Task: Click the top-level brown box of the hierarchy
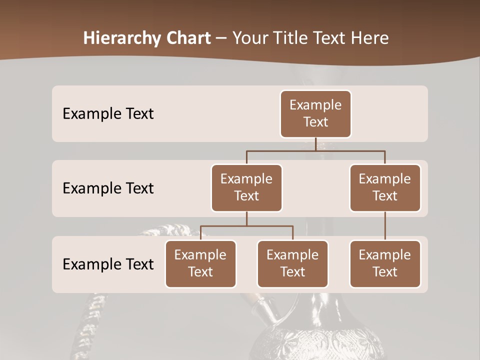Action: coord(315,113)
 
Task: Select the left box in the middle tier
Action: coord(246,187)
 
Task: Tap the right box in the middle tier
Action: coord(385,187)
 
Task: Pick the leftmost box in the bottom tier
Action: coord(200,263)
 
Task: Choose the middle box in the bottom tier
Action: coord(292,263)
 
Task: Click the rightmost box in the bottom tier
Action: coord(385,263)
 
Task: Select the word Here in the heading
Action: coord(370,38)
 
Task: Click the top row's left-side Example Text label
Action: coord(108,113)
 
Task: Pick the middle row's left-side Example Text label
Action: coord(108,188)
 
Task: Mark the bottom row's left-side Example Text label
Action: coord(108,264)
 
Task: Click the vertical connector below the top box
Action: coord(315,144)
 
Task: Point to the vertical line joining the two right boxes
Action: coord(385,225)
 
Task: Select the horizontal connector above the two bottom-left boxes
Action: coord(246,226)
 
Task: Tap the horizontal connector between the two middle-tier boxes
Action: coord(315,150)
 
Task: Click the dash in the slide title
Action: coord(221,38)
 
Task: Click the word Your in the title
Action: coord(251,38)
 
